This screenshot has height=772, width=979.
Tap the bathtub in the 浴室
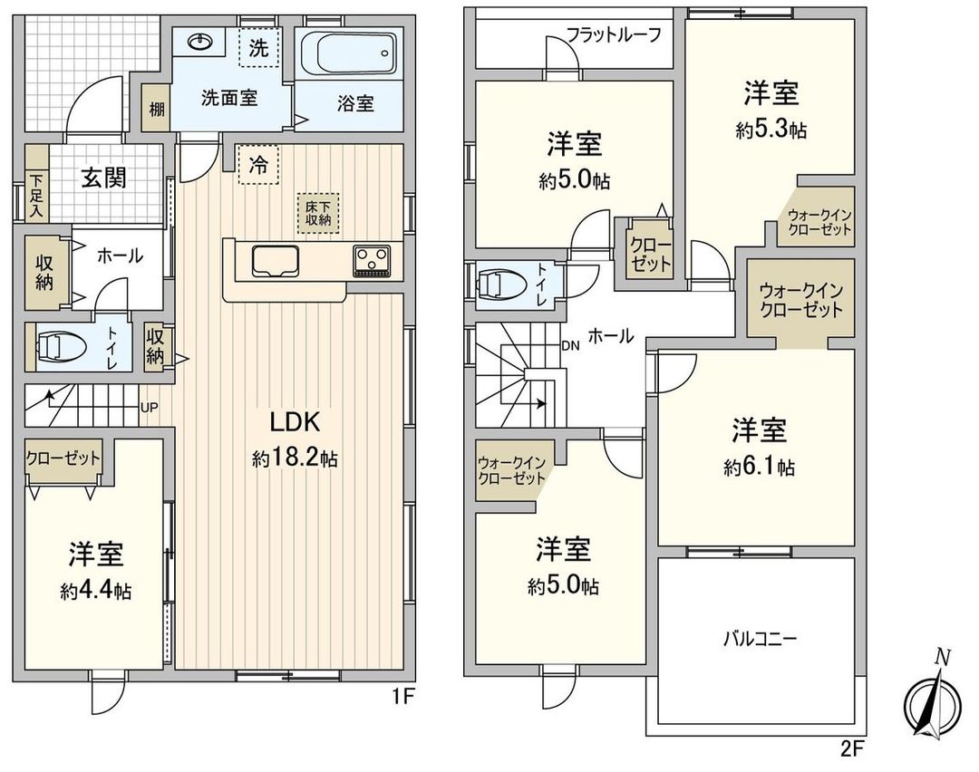coord(348,56)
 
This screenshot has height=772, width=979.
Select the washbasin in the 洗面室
coord(199,43)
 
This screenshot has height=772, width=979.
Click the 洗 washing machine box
coord(258,49)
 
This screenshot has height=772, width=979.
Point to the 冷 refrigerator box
coord(258,167)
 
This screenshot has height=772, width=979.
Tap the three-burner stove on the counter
coord(372,260)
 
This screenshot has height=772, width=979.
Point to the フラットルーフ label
coord(613,36)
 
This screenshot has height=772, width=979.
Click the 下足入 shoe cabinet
coord(36,195)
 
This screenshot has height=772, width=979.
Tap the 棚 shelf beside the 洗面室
coord(157,111)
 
